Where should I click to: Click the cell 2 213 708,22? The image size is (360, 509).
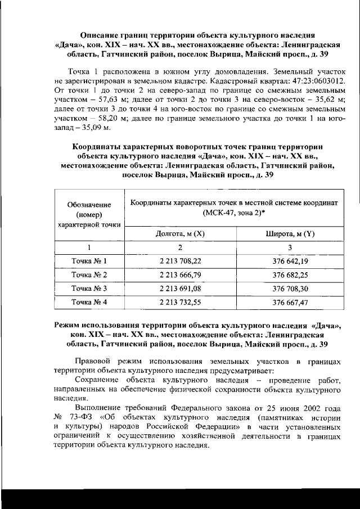point(179,262)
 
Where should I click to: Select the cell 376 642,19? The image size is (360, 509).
point(289,262)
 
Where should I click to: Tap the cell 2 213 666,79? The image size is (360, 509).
point(179,275)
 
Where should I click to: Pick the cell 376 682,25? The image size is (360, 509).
point(289,275)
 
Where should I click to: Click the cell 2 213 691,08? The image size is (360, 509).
point(179,289)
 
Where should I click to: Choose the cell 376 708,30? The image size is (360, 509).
point(289,289)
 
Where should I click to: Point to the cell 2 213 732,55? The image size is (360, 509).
point(179,302)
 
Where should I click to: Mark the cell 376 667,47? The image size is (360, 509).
point(289,302)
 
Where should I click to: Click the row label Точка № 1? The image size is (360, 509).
point(89,262)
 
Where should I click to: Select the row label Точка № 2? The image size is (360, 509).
point(89,275)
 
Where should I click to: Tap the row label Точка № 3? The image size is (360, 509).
point(89,289)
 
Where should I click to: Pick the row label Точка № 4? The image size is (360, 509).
point(89,302)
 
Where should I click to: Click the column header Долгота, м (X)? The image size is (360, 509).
point(179,234)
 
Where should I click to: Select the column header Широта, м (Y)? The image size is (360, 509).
point(289,234)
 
